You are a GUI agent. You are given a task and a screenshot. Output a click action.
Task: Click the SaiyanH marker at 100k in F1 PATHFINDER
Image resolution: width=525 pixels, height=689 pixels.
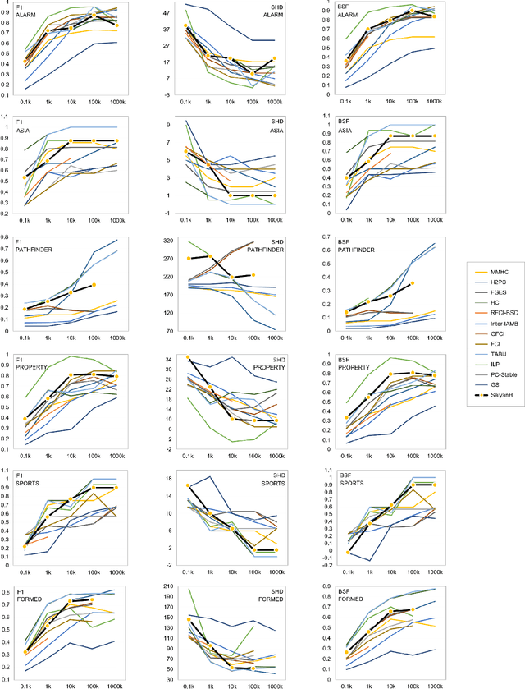[x=94, y=284]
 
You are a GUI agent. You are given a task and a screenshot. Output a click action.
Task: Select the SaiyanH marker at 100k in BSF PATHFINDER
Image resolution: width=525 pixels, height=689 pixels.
[x=413, y=283]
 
